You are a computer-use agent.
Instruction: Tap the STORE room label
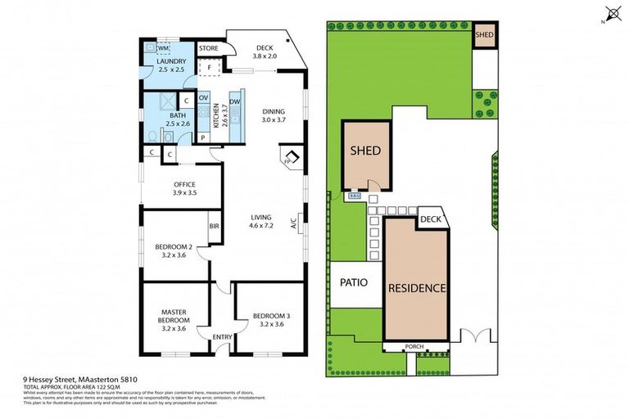click(208, 48)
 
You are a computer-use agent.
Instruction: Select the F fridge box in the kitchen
click(210, 67)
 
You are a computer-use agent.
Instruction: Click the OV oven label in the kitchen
click(203, 98)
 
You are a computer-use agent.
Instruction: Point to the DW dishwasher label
click(234, 101)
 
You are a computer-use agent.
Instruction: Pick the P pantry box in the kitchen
click(203, 137)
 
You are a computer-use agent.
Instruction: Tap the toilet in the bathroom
click(156, 136)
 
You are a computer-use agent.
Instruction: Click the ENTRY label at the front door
click(222, 336)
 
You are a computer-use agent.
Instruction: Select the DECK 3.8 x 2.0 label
click(263, 53)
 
